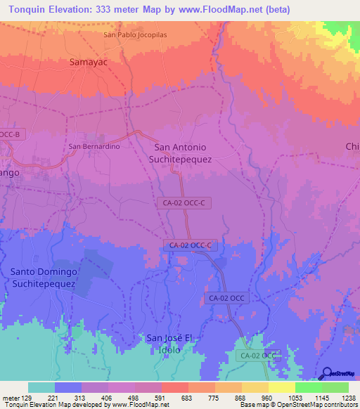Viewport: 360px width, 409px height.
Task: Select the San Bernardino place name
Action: click(x=94, y=146)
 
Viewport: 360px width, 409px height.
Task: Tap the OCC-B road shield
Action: click(x=11, y=134)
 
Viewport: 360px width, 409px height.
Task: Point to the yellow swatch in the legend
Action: click(x=281, y=387)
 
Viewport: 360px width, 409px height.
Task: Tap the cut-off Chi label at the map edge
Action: click(x=352, y=146)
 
